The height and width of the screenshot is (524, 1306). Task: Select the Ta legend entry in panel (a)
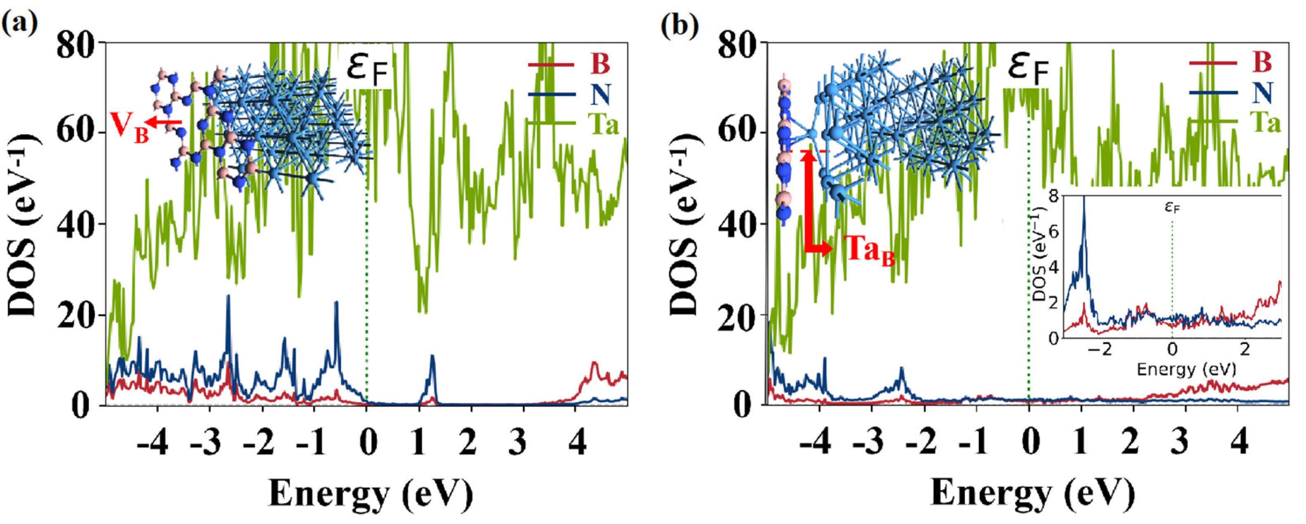(603, 123)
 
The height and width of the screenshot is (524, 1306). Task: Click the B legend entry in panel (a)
(600, 64)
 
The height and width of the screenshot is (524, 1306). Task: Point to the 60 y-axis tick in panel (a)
(77, 133)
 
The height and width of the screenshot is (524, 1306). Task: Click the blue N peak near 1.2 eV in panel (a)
(432, 357)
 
